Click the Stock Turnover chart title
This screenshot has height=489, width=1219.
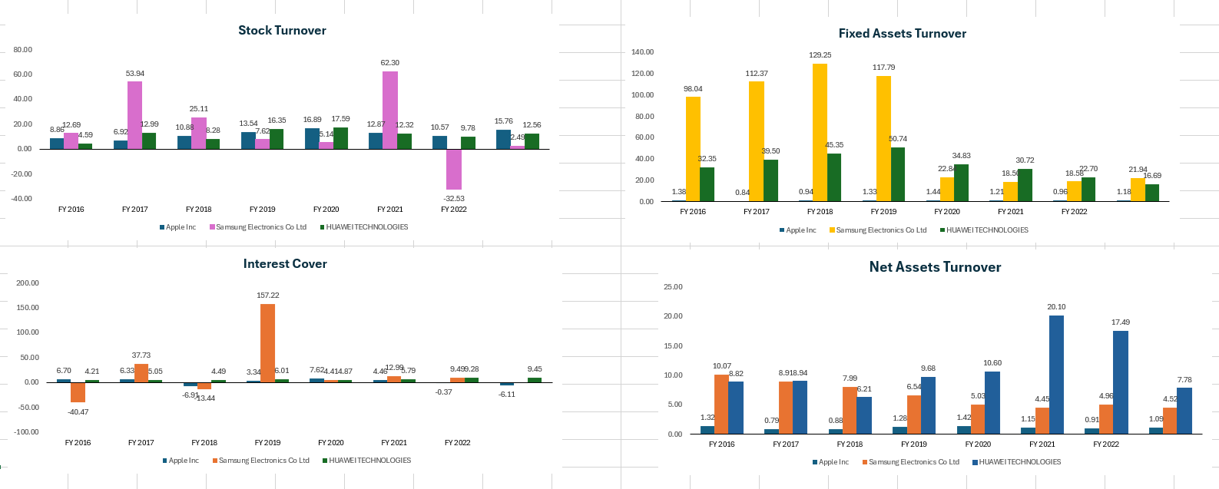coord(282,31)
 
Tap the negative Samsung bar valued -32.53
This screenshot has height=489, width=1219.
coord(454,169)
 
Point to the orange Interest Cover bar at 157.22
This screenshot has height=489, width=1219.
coord(267,342)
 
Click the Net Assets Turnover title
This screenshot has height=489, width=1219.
coord(935,267)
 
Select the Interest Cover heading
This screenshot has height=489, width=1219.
coord(285,264)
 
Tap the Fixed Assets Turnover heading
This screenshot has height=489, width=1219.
coord(902,34)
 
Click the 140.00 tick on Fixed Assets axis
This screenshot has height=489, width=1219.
coord(642,52)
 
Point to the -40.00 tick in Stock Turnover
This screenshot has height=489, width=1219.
coord(23,199)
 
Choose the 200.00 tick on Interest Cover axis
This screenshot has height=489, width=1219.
coord(28,283)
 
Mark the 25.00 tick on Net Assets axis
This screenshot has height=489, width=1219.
coord(672,287)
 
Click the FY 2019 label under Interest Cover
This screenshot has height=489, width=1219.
coord(267,443)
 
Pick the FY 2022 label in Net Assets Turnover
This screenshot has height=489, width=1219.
coord(1106,444)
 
